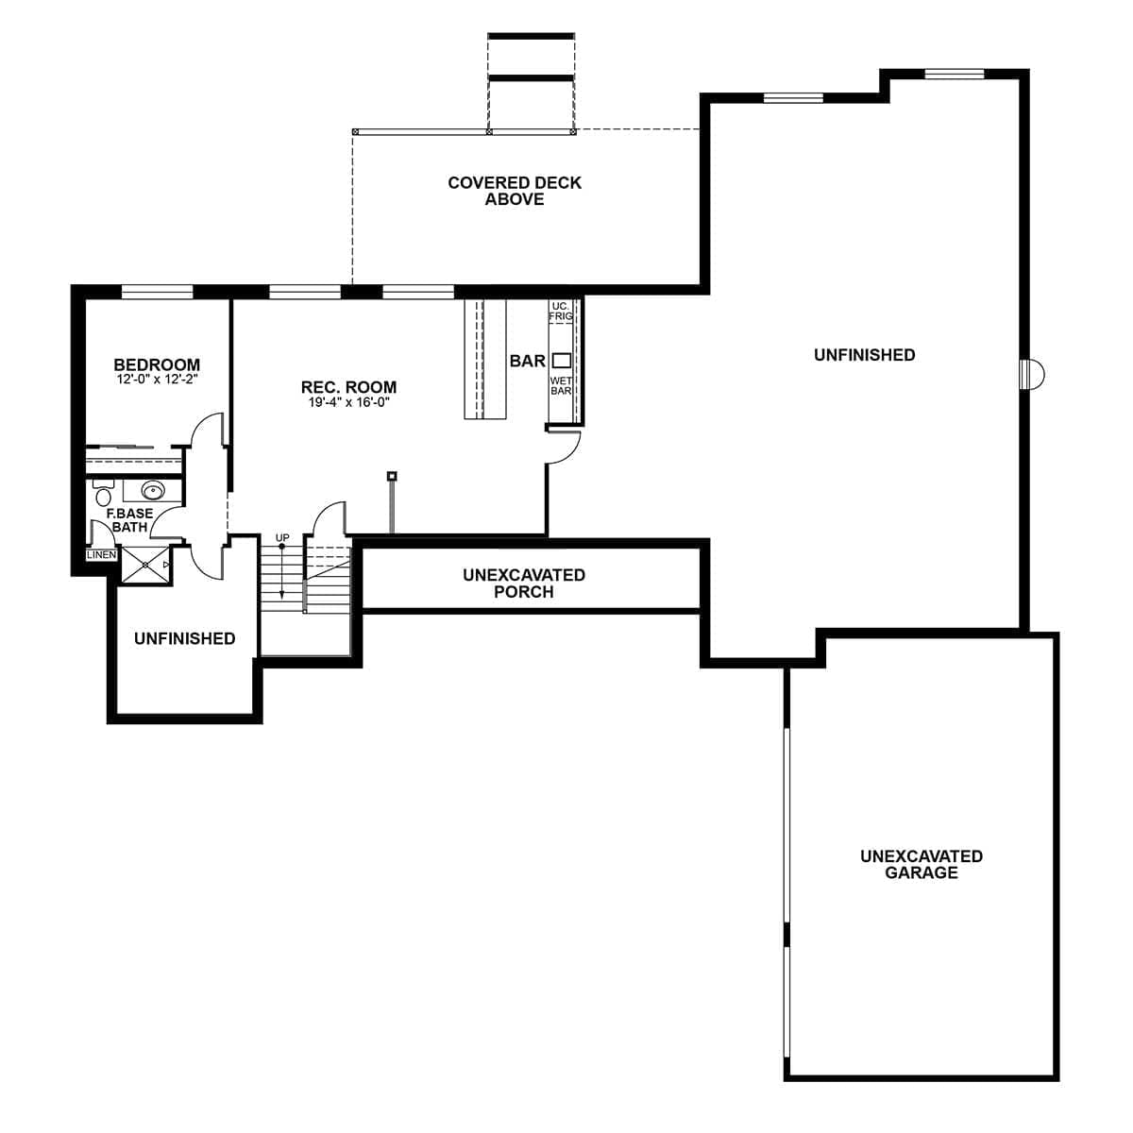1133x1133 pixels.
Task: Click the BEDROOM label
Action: pos(157,364)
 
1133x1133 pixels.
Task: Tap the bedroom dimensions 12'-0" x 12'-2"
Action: pos(157,380)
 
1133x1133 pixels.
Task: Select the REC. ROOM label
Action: pos(348,387)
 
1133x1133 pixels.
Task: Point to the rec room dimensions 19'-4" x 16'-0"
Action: pos(348,402)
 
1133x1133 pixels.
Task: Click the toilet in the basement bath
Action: pos(104,495)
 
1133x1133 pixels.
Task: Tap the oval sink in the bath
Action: pos(152,490)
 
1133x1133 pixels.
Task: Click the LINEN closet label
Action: pos(101,555)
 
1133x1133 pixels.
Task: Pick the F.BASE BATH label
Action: pos(129,520)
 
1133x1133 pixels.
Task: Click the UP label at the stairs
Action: pos(282,537)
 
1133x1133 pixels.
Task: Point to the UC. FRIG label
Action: pos(561,311)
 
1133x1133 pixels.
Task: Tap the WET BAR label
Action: pos(561,385)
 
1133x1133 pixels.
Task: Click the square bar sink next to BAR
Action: pos(561,360)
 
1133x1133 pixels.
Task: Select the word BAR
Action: pos(527,361)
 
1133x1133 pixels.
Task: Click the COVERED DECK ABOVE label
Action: pos(515,191)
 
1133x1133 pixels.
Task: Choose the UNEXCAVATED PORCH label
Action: pos(524,583)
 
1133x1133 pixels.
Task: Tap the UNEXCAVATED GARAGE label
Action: pos(921,864)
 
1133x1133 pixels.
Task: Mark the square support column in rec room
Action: pos(392,476)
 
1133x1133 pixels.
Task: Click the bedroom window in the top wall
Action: pos(158,292)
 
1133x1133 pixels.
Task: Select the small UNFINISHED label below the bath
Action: pos(184,638)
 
